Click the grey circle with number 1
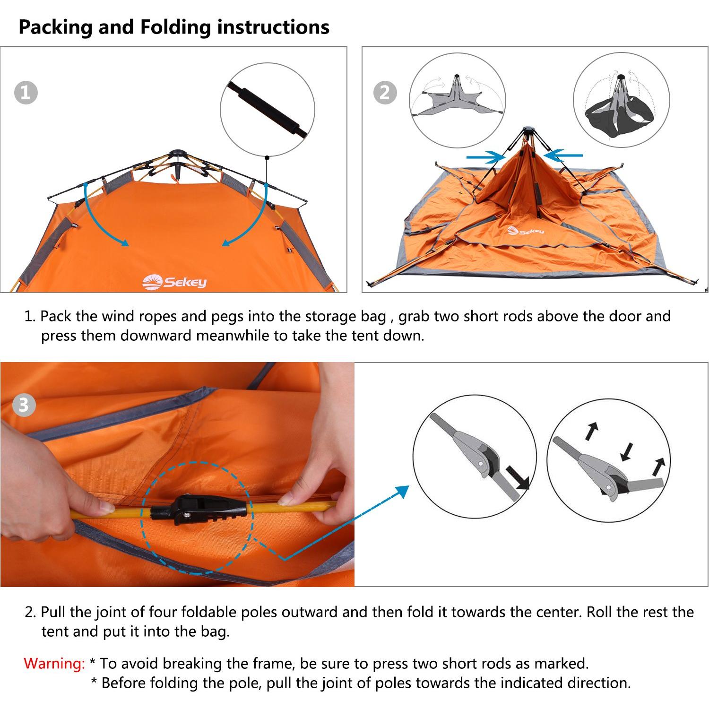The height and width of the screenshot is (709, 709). pos(26,93)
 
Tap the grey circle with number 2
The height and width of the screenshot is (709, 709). pos(385,93)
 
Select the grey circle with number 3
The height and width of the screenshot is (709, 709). pos(24,405)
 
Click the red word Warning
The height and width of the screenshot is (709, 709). pos(54,664)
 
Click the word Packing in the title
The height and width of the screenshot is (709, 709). pos(56,27)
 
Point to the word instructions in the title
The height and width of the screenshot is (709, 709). pos(273,27)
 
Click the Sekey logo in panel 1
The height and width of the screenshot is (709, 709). pos(174,282)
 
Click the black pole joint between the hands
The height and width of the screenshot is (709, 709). pos(199,510)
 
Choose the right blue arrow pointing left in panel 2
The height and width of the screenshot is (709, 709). pos(563,155)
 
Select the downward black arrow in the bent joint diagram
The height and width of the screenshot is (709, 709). pos(627,451)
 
